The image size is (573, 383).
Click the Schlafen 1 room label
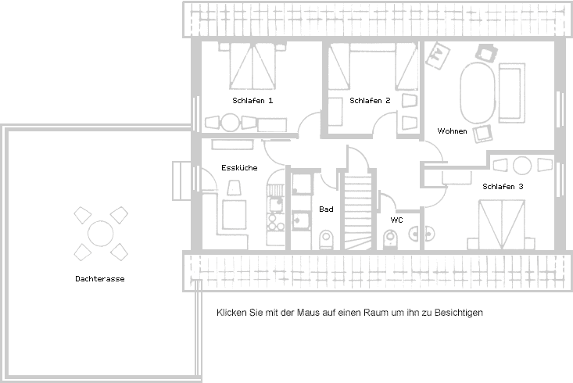(x=252, y=101)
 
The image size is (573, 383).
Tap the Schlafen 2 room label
(x=370, y=101)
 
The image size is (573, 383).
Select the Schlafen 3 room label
(x=503, y=187)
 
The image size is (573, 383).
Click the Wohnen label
(x=452, y=131)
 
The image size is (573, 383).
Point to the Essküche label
(x=238, y=167)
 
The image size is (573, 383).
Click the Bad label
(x=326, y=209)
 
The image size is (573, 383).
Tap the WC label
(x=396, y=220)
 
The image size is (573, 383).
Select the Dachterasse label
(x=100, y=278)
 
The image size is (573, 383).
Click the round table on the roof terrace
(x=100, y=233)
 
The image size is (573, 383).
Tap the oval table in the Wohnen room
(x=477, y=92)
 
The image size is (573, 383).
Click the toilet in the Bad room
(x=327, y=238)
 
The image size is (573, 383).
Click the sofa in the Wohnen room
(x=510, y=92)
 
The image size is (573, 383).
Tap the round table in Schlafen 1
(x=230, y=123)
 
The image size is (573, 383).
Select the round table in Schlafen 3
(x=522, y=166)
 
